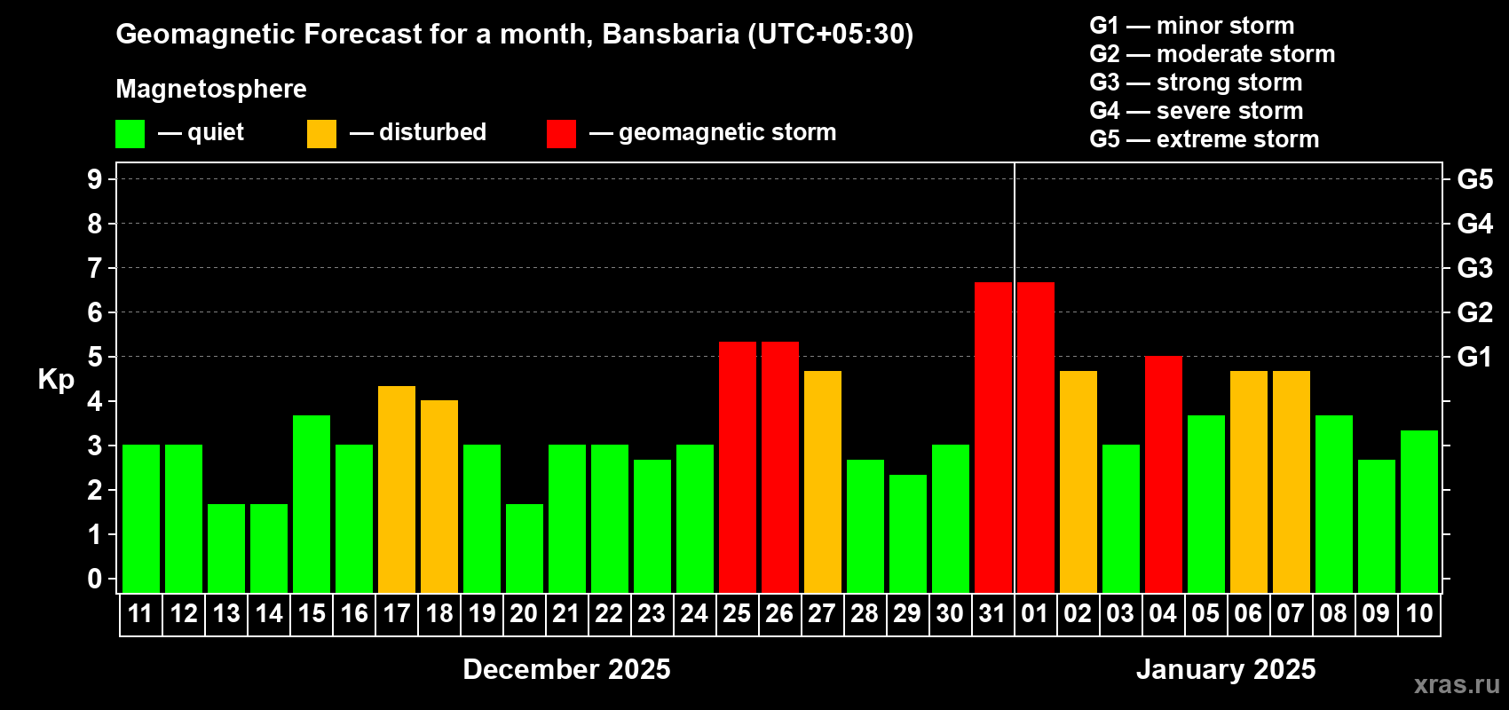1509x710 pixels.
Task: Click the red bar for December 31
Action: coord(993,438)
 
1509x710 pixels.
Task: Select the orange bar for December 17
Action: coord(397,489)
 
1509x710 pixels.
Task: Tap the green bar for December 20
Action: coord(525,548)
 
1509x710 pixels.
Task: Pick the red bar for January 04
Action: coord(1164,474)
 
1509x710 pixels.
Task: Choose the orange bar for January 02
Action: coord(1078,482)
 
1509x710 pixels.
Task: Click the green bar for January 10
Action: coord(1419,511)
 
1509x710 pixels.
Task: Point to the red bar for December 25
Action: coord(738,467)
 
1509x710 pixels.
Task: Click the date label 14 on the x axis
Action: coord(269,613)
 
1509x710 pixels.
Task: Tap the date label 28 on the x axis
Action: coord(865,613)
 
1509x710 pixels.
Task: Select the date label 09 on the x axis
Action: coord(1376,613)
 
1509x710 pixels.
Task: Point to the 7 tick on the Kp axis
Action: coord(94,268)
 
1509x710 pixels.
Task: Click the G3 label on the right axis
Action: coord(1474,268)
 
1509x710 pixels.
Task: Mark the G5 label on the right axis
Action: coord(1474,179)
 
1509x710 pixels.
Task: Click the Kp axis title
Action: coord(56,380)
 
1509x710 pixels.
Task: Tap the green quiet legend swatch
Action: coord(130,133)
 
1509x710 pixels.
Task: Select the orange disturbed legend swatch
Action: coord(321,133)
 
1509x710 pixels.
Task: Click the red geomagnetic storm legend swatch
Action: coord(561,133)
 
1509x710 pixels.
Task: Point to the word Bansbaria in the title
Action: coord(670,34)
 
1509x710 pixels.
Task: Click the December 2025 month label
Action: coord(566,669)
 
